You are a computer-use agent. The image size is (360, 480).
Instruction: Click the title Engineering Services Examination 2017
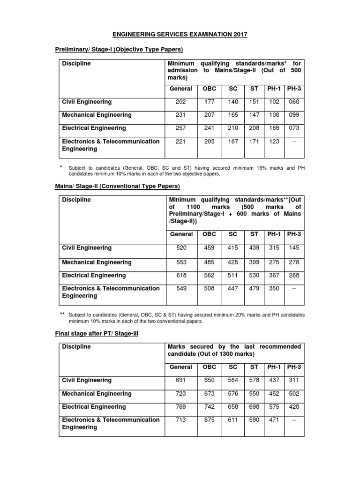click(180, 34)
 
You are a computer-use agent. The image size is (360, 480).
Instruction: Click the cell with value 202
click(181, 102)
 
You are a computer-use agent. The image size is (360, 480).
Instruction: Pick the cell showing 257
click(181, 128)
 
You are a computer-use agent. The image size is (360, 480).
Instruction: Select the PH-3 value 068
click(293, 102)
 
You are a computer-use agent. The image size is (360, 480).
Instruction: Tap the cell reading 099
click(293, 115)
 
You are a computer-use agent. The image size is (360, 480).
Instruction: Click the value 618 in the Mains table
click(181, 275)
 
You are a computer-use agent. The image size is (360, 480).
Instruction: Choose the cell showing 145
click(293, 247)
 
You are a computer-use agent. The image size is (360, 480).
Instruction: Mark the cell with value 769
click(181, 407)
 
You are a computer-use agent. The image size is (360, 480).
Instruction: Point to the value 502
click(293, 394)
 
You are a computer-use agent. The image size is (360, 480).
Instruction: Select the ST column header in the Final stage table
click(254, 367)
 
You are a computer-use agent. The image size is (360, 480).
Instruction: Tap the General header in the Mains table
click(181, 234)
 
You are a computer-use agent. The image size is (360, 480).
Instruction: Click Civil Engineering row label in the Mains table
click(87, 247)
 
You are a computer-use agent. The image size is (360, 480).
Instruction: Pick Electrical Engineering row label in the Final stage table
click(94, 407)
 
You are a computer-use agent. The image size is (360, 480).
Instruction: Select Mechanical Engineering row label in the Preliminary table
click(97, 115)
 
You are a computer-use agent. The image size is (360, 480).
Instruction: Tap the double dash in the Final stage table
click(293, 420)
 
